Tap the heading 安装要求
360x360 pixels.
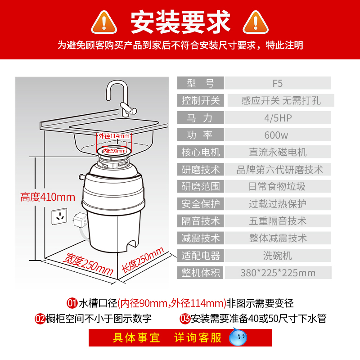tap(180, 21)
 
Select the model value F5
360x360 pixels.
tap(278, 83)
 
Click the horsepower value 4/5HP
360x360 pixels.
tap(278, 118)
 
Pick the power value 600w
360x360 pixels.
tap(278, 135)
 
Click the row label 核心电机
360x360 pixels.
tap(201, 152)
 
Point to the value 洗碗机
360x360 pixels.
tap(278, 256)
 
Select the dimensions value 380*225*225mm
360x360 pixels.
tap(278, 273)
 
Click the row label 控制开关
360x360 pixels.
tap(201, 100)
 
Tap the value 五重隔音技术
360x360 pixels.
tap(278, 221)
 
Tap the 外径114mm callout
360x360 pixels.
tap(115, 135)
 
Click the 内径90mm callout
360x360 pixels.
tap(114, 151)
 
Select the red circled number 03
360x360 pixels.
tap(184, 319)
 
